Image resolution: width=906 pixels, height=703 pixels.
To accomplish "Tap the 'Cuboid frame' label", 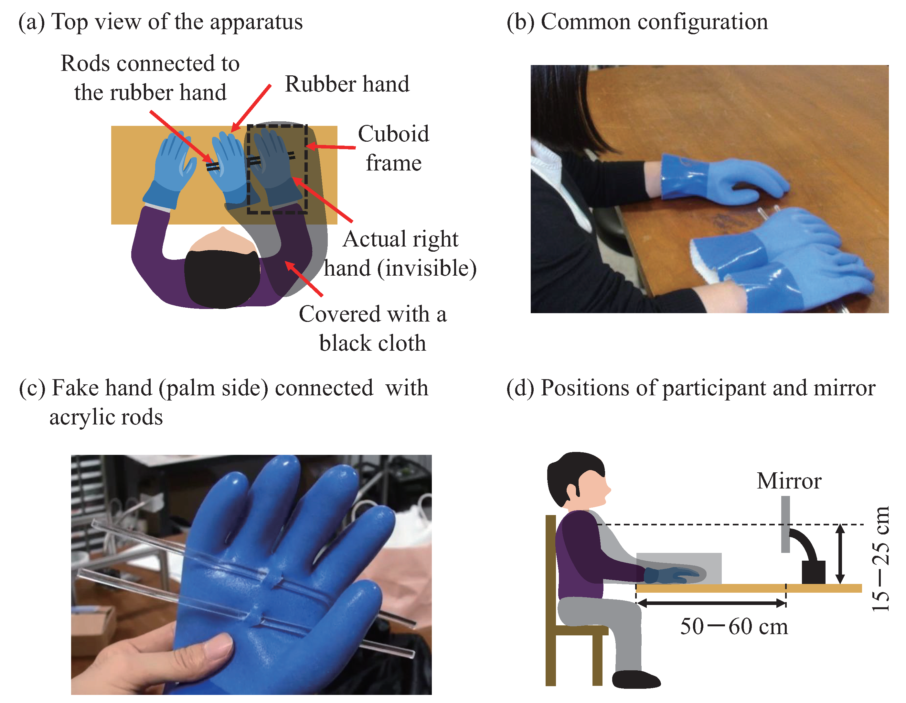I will (393, 148).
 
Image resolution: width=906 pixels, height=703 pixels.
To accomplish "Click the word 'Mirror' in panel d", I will (789, 481).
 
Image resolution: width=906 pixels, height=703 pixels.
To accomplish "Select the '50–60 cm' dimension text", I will (733, 627).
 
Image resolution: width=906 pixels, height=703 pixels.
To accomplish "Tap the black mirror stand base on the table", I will (813, 572).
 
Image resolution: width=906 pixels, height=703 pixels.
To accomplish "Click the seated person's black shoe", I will (635, 680).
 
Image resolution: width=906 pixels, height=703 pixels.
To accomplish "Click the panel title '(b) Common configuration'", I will (637, 22).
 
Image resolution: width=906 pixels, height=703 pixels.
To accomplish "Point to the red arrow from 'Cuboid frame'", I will (331, 147).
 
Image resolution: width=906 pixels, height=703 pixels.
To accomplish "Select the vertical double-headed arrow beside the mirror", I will (840, 554).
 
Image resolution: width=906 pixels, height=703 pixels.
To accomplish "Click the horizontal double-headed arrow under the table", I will (711, 603).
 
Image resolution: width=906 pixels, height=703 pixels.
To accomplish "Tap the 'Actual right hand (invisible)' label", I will (400, 253).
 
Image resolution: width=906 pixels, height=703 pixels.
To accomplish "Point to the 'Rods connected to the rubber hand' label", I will (150, 78).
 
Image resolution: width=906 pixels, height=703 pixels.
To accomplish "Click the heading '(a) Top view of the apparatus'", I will (161, 22).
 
